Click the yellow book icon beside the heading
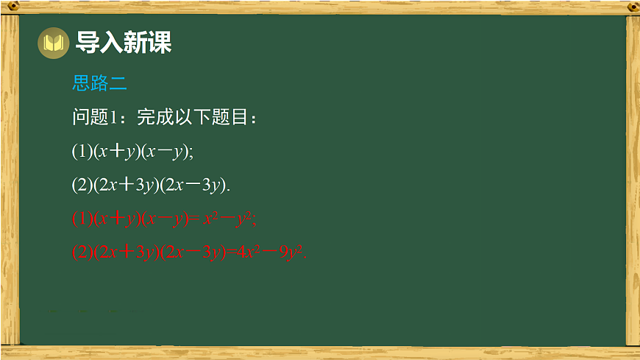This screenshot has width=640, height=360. [53, 43]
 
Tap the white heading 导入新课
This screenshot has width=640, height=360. [123, 43]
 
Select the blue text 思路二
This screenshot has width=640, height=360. [99, 83]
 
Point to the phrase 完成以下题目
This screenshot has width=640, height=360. [195, 118]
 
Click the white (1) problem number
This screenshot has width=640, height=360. [82, 151]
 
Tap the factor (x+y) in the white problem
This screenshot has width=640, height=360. [116, 151]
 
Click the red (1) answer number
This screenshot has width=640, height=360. [82, 219]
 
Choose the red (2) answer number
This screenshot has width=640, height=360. [82, 252]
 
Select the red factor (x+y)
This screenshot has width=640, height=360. [116, 219]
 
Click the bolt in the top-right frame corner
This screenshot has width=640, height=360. [632, 7]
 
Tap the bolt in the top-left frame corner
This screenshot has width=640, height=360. [9, 7]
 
